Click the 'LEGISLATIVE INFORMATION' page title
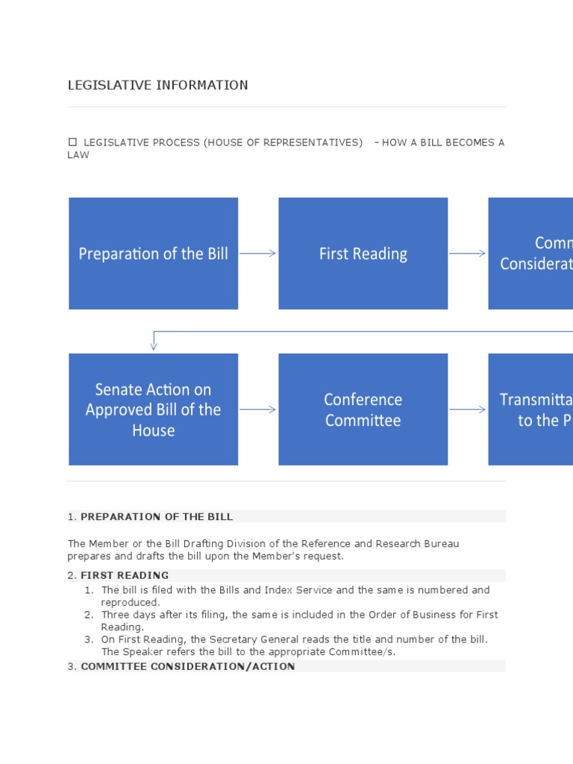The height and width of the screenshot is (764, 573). [158, 85]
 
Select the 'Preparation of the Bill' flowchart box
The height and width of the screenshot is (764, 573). [154, 254]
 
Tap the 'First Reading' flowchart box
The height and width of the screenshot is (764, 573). [363, 254]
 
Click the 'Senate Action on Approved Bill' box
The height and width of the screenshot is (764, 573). [154, 410]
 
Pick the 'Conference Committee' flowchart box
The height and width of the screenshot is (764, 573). [363, 410]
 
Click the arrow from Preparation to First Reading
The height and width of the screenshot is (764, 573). [258, 254]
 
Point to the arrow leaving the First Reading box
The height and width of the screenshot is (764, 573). [468, 254]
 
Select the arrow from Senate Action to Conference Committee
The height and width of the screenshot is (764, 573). [258, 410]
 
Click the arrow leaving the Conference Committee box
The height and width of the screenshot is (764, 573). [468, 410]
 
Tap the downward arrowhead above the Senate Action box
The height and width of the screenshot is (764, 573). [154, 345]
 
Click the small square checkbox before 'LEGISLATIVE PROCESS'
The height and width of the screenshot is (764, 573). [72, 142]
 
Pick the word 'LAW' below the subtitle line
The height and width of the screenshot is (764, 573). [78, 155]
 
